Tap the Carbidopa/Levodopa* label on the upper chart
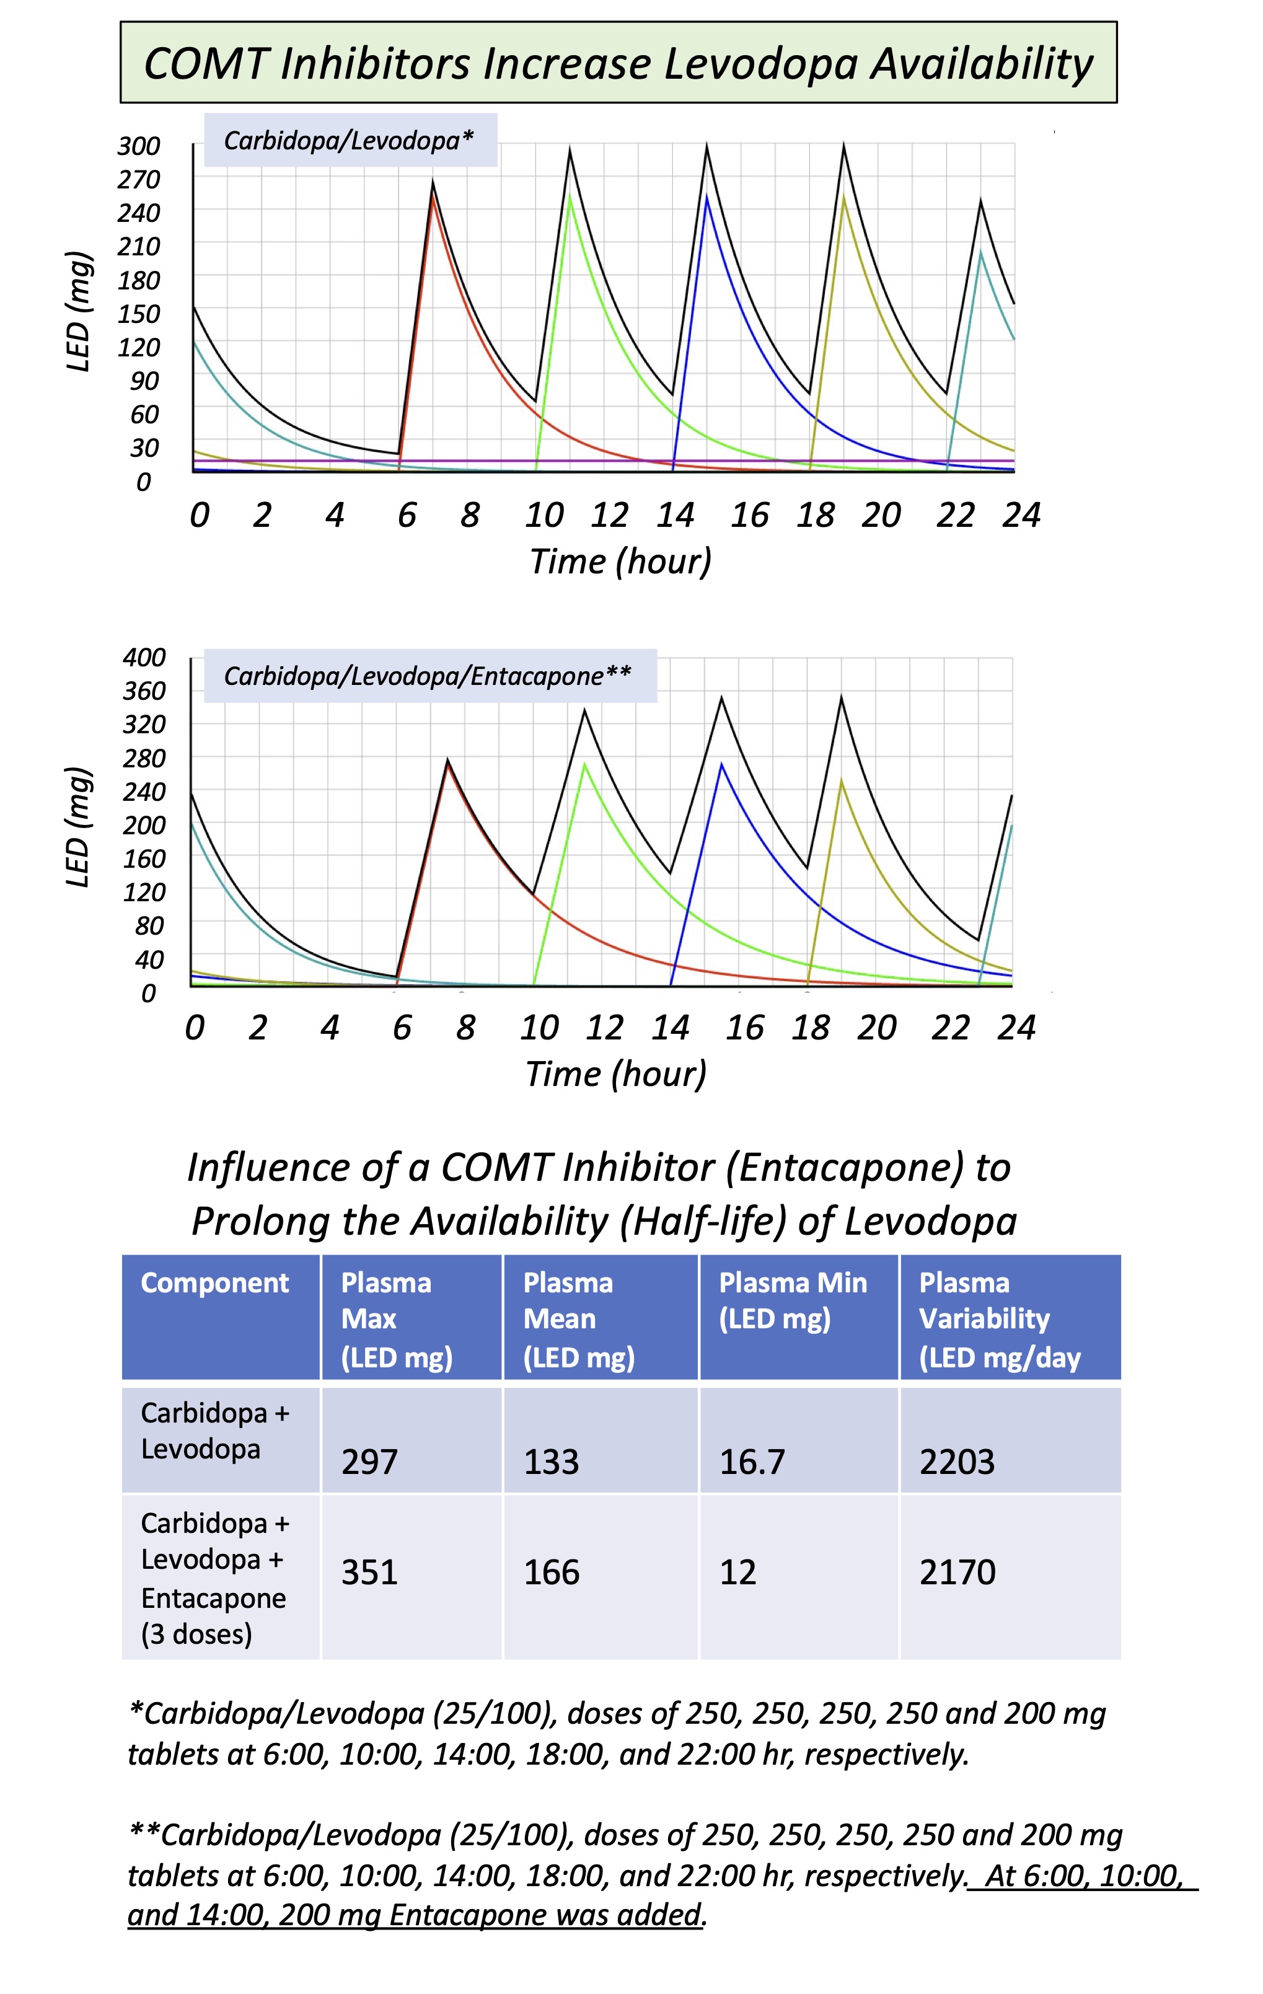tap(349, 141)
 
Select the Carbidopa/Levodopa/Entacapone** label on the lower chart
tap(428, 676)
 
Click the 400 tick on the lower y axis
tap(144, 658)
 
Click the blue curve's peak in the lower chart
tap(721, 764)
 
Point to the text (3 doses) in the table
tap(196, 1634)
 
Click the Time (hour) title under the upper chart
tap(620, 562)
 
